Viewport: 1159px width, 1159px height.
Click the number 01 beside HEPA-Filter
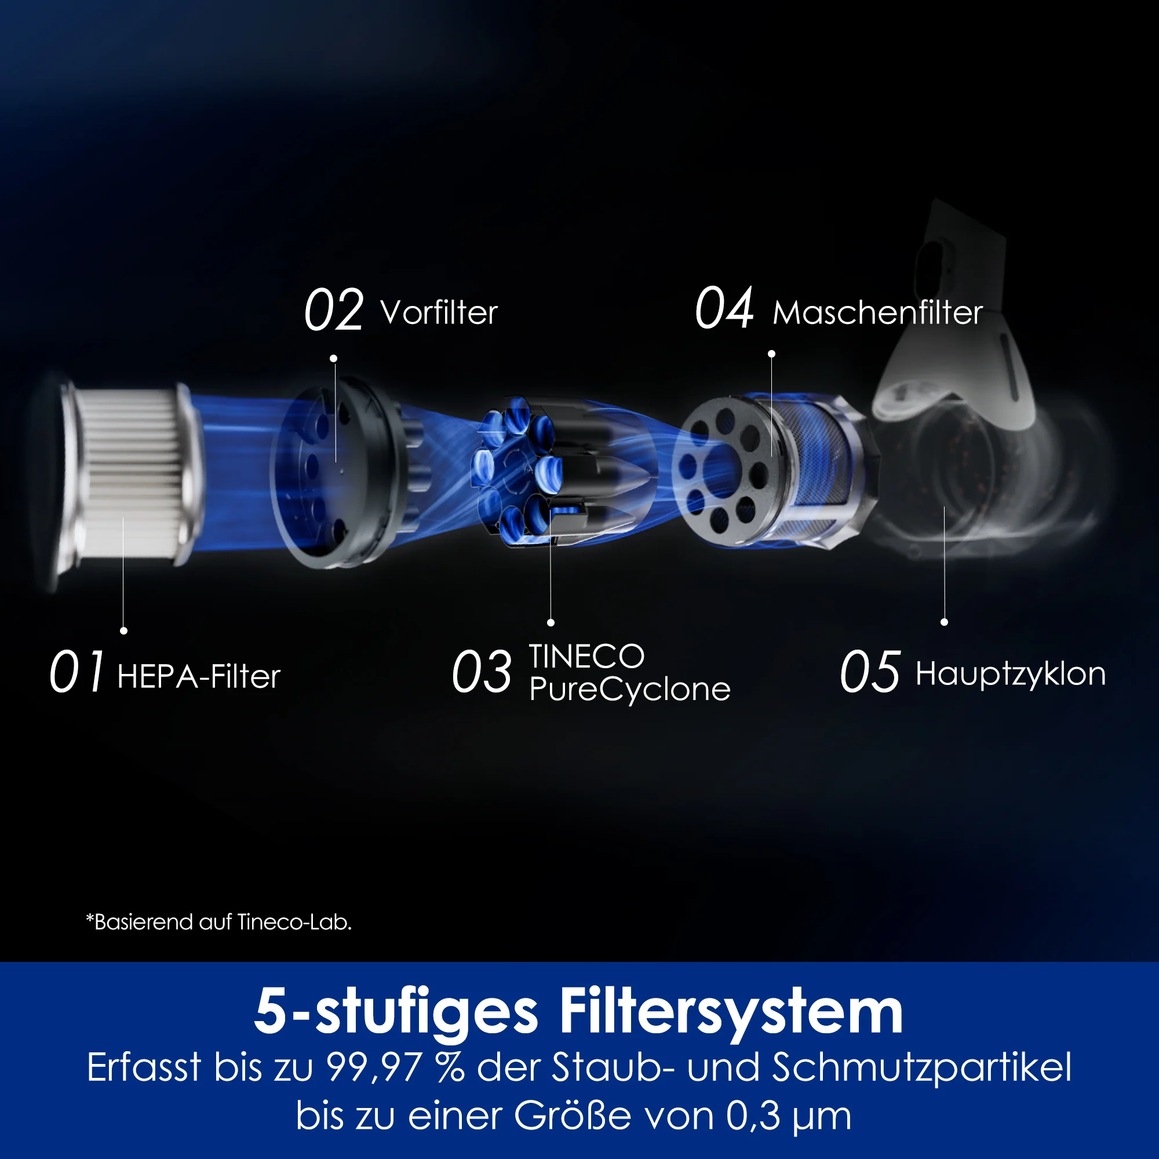pos(77,671)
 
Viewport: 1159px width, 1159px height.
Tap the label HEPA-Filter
pos(199,677)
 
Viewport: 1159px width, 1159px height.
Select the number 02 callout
pos(334,309)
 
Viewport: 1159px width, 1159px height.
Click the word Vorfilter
pos(439,312)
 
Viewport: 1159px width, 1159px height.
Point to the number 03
pos(482,671)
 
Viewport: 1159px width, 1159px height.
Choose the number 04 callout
pos(723,308)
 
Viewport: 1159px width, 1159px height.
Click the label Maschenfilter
pos(877,312)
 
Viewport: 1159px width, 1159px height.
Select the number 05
pos(870,671)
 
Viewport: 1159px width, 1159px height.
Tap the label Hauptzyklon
pos(1011,675)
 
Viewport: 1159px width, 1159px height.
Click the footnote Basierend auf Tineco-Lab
pos(219,921)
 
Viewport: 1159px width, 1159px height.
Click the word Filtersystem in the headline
pos(731,1011)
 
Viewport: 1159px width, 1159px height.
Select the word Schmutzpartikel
pos(921,1068)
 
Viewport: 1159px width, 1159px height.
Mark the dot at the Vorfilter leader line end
pos(334,359)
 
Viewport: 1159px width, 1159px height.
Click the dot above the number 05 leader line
pos(944,622)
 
